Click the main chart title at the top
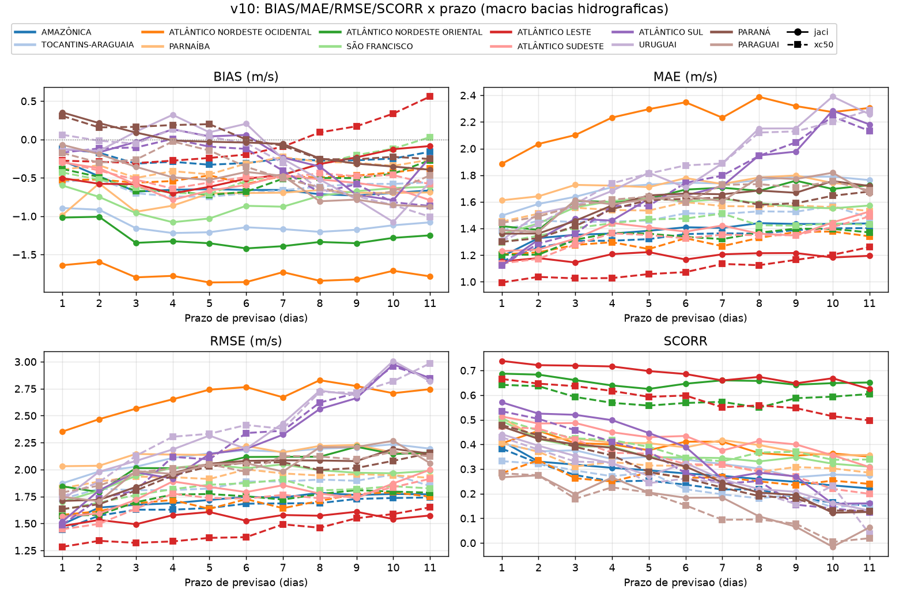pyautogui.click(x=449, y=9)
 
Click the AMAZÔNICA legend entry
pyautogui.click(x=52, y=32)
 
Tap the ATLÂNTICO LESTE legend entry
pyautogui.click(x=541, y=32)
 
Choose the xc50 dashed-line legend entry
pyautogui.click(x=810, y=44)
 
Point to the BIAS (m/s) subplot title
pyautogui.click(x=246, y=76)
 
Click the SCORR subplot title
pyautogui.click(x=686, y=341)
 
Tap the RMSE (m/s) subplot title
pyautogui.click(x=246, y=341)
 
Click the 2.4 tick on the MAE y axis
pyautogui.click(x=468, y=96)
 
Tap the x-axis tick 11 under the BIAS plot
pyautogui.click(x=430, y=303)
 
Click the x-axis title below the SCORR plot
pyautogui.click(x=686, y=582)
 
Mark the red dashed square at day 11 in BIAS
pyautogui.click(x=430, y=96)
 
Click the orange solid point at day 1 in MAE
pyautogui.click(x=502, y=164)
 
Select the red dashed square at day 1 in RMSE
pyautogui.click(x=62, y=547)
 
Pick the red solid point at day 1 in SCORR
pyautogui.click(x=502, y=361)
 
